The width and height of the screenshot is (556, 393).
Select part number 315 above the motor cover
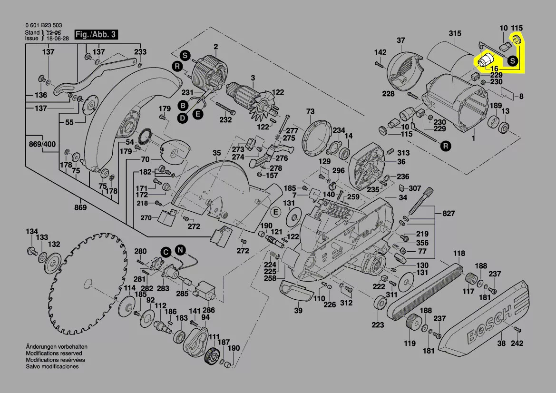(455, 33)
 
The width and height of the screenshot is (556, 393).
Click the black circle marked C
(165, 252)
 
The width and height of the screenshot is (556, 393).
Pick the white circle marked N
(180, 249)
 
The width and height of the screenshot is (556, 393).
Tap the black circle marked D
(182, 118)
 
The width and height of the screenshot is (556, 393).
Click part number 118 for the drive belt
(459, 253)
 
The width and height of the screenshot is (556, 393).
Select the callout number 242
(517, 343)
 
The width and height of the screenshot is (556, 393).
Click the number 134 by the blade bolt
(31, 232)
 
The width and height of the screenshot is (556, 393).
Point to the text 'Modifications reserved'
(54, 354)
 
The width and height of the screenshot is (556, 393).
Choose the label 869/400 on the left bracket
(42, 144)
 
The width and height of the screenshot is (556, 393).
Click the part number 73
(311, 111)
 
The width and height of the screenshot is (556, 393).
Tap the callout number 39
(298, 311)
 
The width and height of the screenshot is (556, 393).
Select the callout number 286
(209, 309)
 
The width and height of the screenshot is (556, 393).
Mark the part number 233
(140, 52)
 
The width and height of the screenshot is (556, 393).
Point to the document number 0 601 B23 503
(44, 25)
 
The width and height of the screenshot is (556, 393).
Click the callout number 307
(415, 188)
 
